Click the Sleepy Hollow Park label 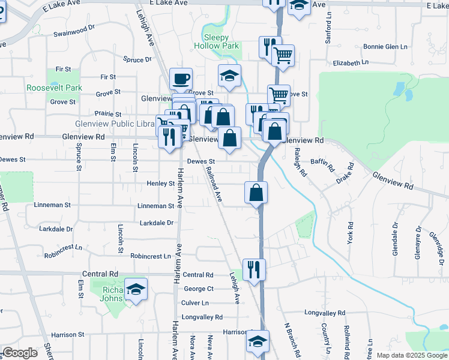(217, 41)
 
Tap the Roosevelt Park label (54, 88)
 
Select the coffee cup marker (181, 78)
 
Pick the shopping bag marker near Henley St (256, 193)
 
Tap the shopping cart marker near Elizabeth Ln (283, 56)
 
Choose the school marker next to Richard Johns (136, 289)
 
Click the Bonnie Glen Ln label (387, 47)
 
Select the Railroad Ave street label (214, 185)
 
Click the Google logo (20, 352)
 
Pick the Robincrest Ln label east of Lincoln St (150, 256)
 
